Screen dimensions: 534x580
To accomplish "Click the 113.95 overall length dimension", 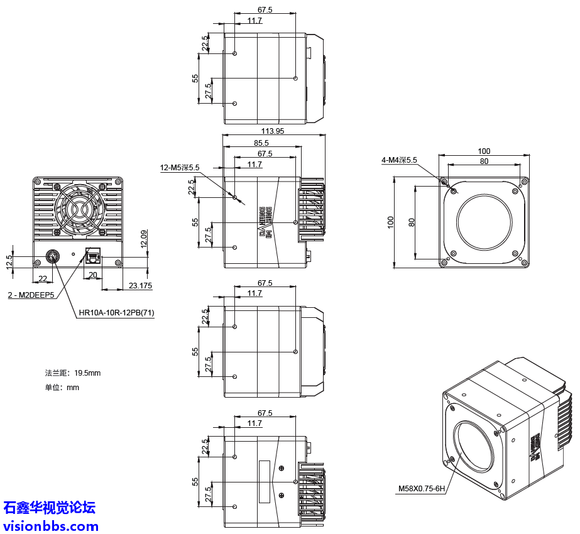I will [272, 131].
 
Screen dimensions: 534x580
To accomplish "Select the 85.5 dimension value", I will [261, 143].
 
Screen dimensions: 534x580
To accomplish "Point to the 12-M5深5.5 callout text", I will [180, 168].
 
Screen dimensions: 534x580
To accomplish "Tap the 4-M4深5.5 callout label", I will [399, 160].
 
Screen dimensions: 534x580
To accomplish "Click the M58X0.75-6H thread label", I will [421, 488].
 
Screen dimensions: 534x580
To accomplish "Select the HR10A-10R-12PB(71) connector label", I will [116, 313].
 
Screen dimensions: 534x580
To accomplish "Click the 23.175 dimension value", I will [140, 286].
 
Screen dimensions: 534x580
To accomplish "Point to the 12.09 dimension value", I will [144, 239].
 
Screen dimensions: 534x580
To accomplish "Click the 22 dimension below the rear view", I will [43, 278].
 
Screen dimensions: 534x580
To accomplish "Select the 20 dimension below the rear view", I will [92, 275].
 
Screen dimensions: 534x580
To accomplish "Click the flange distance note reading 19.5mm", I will [72, 373].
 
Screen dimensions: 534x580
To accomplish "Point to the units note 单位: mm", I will [62, 388].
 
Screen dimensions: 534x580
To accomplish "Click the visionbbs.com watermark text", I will [51, 526].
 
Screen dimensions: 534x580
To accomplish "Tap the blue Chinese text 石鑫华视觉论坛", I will [50, 508].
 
